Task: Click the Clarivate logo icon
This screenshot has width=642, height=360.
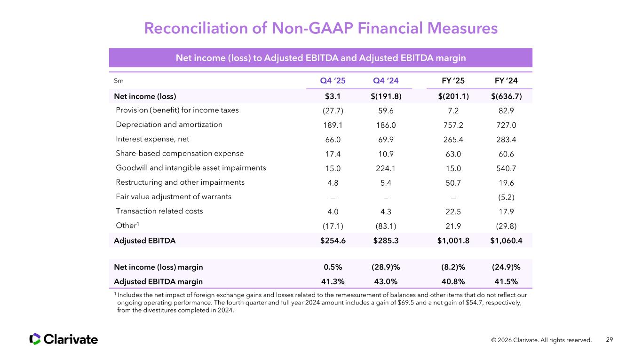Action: click(35, 339)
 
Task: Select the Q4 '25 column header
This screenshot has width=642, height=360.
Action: click(333, 80)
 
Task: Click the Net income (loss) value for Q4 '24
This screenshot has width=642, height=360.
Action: click(385, 96)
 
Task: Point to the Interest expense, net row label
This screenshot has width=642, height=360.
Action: click(152, 139)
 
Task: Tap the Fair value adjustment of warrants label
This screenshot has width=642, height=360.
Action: click(174, 197)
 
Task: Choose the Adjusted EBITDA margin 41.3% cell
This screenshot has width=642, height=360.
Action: click(333, 282)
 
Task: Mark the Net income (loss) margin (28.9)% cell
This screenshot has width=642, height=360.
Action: click(385, 267)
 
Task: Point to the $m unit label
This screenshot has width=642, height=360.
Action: click(119, 80)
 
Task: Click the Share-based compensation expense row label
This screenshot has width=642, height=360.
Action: click(180, 153)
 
